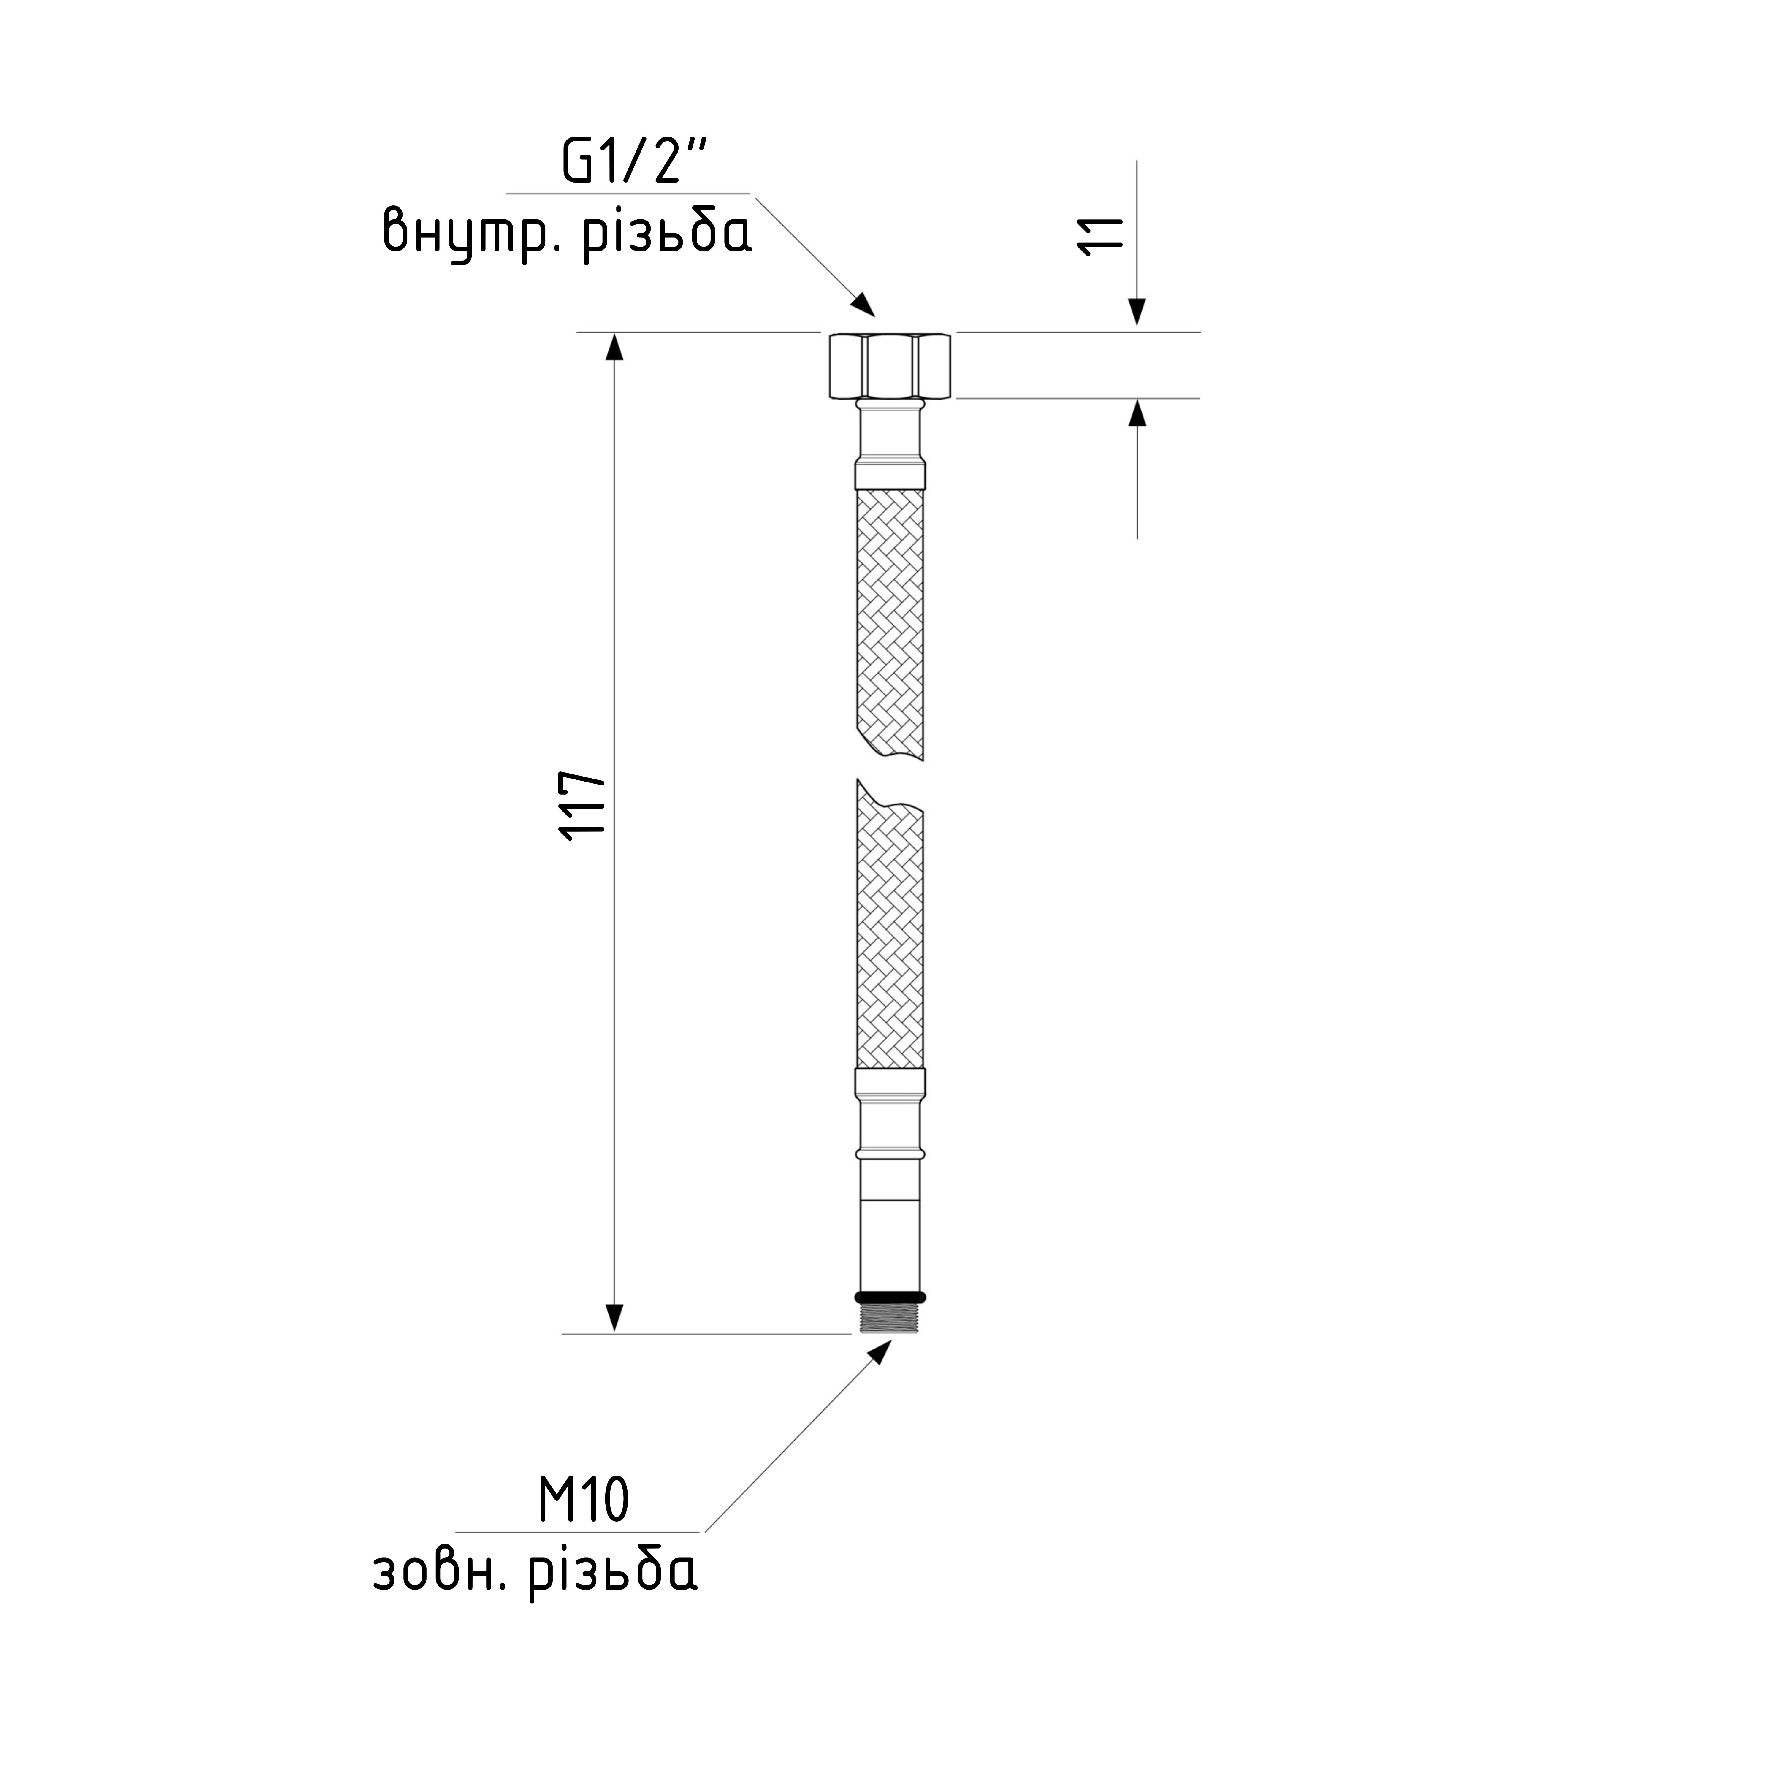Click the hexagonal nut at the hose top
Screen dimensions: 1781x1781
(890, 365)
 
